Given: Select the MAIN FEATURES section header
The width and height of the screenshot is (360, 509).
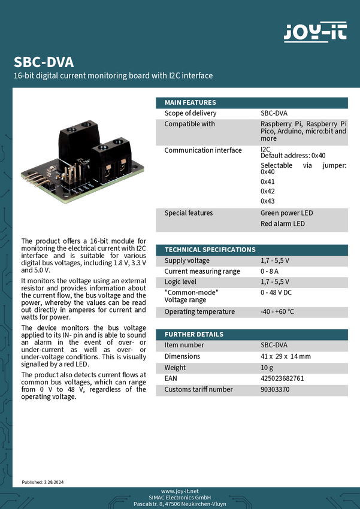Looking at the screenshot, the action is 190,102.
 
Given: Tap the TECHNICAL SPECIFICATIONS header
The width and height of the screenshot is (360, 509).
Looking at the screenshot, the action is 210,249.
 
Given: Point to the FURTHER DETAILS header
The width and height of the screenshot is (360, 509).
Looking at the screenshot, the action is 193,334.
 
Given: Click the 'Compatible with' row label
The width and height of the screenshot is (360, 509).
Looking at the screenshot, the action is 189,124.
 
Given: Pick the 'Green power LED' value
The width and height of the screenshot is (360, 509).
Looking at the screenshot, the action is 286,213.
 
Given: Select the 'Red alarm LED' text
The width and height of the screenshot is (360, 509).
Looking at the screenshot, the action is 282,223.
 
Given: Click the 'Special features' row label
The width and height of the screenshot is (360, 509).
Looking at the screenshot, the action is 188,213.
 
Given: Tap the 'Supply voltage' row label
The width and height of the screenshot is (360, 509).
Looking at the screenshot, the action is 187,260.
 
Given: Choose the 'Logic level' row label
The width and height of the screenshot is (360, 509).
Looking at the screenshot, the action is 180,281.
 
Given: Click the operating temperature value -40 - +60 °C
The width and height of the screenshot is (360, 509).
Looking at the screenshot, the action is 277,311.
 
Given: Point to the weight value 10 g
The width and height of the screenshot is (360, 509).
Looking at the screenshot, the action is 267,367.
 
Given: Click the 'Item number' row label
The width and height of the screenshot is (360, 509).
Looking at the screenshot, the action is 184,345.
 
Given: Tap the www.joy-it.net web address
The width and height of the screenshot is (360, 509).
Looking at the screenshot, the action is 180,490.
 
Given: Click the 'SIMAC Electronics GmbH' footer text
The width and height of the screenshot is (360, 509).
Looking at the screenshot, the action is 180,497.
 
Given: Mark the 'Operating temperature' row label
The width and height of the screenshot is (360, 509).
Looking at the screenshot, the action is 199,311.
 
